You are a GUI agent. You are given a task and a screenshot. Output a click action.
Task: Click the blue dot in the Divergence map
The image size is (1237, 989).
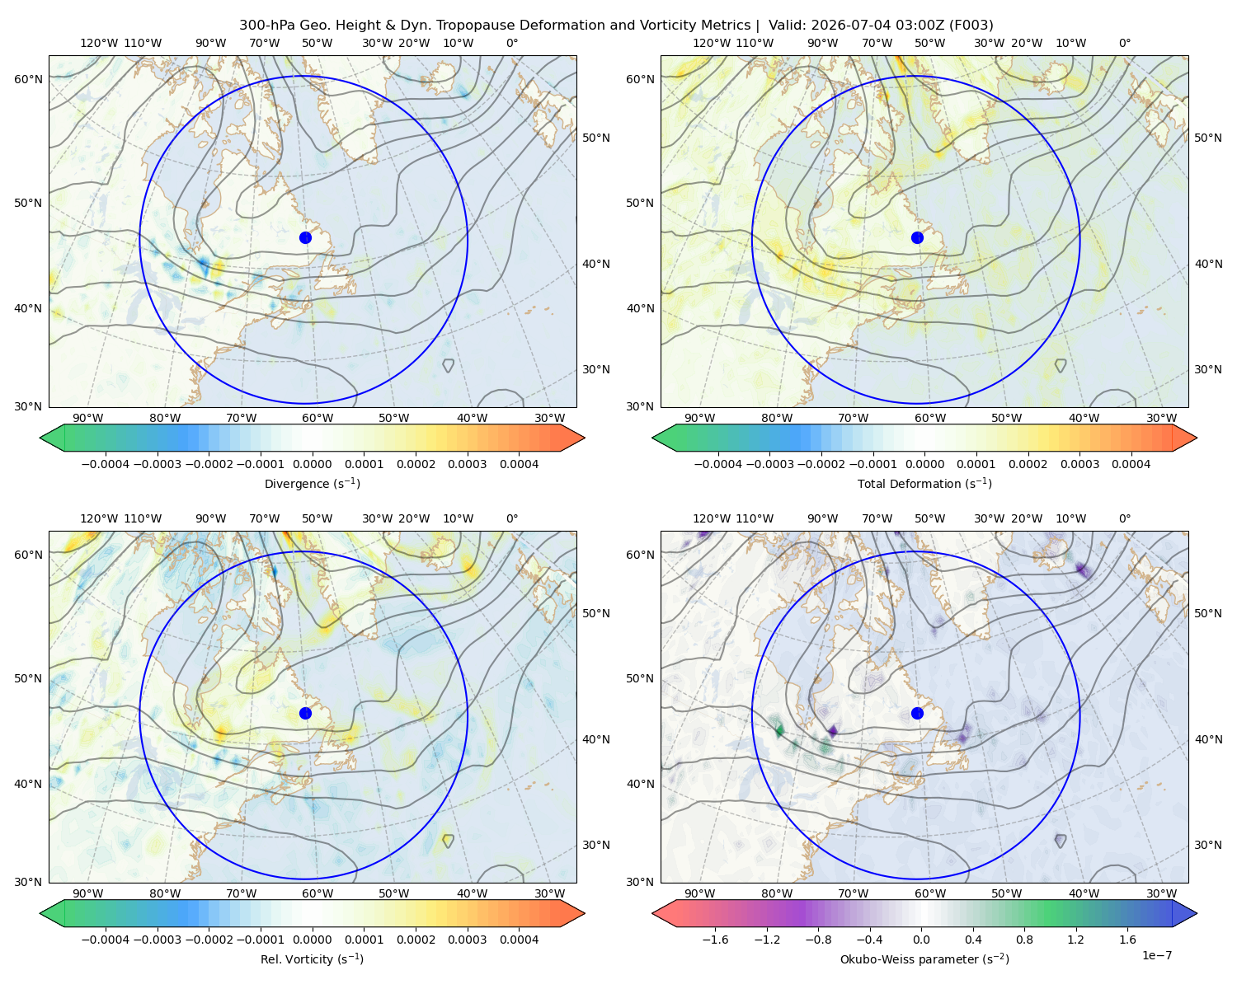[x=305, y=237]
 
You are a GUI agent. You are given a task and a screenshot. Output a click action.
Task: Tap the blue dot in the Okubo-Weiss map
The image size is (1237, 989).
[x=917, y=713]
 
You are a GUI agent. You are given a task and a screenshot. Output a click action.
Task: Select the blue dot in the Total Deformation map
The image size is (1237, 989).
[x=917, y=237]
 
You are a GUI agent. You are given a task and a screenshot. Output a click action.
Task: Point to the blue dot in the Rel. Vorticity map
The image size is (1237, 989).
[x=305, y=713]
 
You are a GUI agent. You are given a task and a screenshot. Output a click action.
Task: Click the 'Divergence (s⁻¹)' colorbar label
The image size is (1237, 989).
[x=312, y=483]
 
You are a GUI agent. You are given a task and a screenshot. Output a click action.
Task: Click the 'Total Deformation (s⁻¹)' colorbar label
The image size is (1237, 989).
[x=924, y=483]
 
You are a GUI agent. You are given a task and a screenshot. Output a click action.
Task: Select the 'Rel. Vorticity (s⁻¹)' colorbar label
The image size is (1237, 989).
[x=312, y=959]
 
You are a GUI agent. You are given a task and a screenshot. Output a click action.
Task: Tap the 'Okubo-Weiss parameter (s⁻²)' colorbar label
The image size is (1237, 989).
[x=924, y=959]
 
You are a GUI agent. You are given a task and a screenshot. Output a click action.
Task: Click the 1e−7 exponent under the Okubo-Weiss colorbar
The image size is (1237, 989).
[x=1156, y=955]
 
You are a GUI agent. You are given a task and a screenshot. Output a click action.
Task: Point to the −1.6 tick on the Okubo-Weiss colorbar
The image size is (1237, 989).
[x=715, y=940]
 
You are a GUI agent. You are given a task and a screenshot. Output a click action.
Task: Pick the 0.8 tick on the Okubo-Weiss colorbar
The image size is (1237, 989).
[x=1024, y=940]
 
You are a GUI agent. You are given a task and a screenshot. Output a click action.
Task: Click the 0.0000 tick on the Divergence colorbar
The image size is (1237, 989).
[x=312, y=464]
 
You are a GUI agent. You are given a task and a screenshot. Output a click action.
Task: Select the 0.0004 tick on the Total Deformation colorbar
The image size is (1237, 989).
[x=1131, y=464]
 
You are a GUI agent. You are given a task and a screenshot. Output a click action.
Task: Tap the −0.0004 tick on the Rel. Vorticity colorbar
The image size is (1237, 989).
[x=106, y=940]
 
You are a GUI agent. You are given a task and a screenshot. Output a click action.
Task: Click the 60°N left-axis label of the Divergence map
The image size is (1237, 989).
[x=28, y=79]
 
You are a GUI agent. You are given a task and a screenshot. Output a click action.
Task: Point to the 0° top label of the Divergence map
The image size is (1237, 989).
[x=512, y=43]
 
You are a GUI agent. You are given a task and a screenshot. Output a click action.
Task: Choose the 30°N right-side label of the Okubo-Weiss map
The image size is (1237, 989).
[x=1207, y=845]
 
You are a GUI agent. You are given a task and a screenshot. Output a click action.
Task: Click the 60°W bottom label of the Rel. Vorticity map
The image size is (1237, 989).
[x=317, y=893]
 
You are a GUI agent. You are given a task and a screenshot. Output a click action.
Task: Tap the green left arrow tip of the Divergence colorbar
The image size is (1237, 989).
[x=40, y=438]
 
